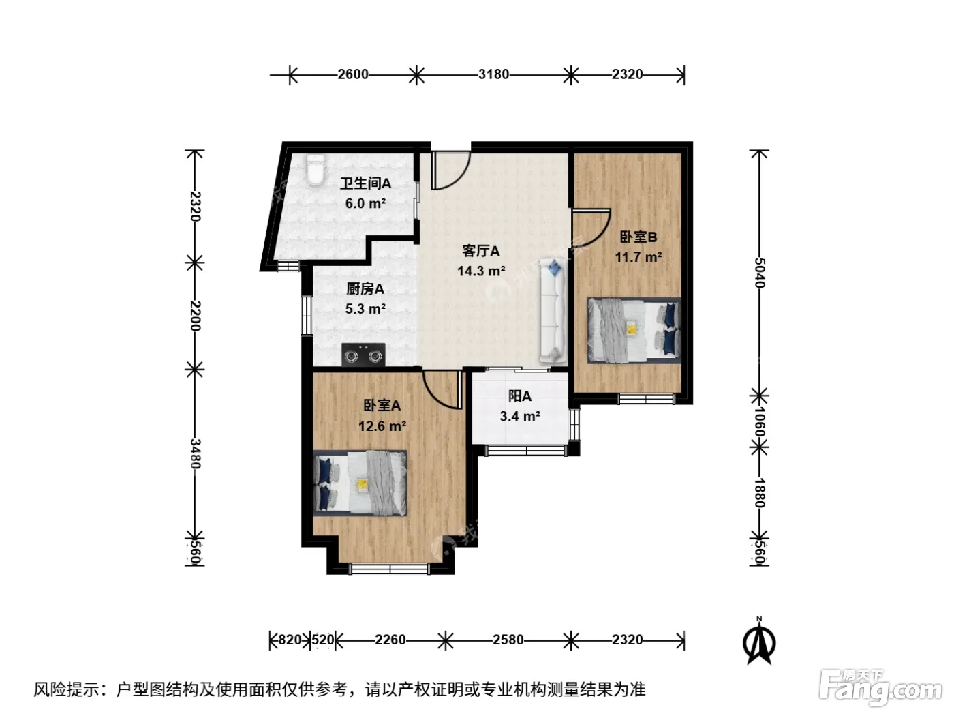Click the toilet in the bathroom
point(314,170)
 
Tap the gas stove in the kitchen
point(363,355)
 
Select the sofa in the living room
point(553,310)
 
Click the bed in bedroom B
point(634,331)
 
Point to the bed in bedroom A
point(360,483)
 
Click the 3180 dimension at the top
point(493,74)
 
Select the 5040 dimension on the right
point(759,273)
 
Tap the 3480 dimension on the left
point(195,453)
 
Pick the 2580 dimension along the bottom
point(508,640)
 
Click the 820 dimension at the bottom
point(290,640)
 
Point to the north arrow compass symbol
point(759,641)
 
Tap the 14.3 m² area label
point(481,271)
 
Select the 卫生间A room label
point(365,183)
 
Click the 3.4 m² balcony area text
point(520,416)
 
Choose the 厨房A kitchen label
point(365,288)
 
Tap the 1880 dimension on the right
point(759,492)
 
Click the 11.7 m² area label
point(638,257)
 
